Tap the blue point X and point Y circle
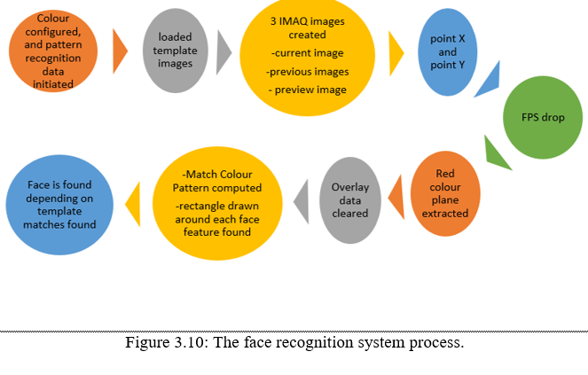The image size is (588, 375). tap(448, 51)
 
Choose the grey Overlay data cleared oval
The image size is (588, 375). tap(350, 200)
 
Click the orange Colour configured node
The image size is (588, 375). tap(55, 51)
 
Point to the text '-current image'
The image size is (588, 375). tap(307, 54)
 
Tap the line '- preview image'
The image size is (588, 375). tap(307, 90)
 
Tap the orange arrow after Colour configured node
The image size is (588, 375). tap(120, 51)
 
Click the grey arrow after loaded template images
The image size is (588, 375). tap(223, 51)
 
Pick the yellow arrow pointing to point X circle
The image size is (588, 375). tap(396, 51)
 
